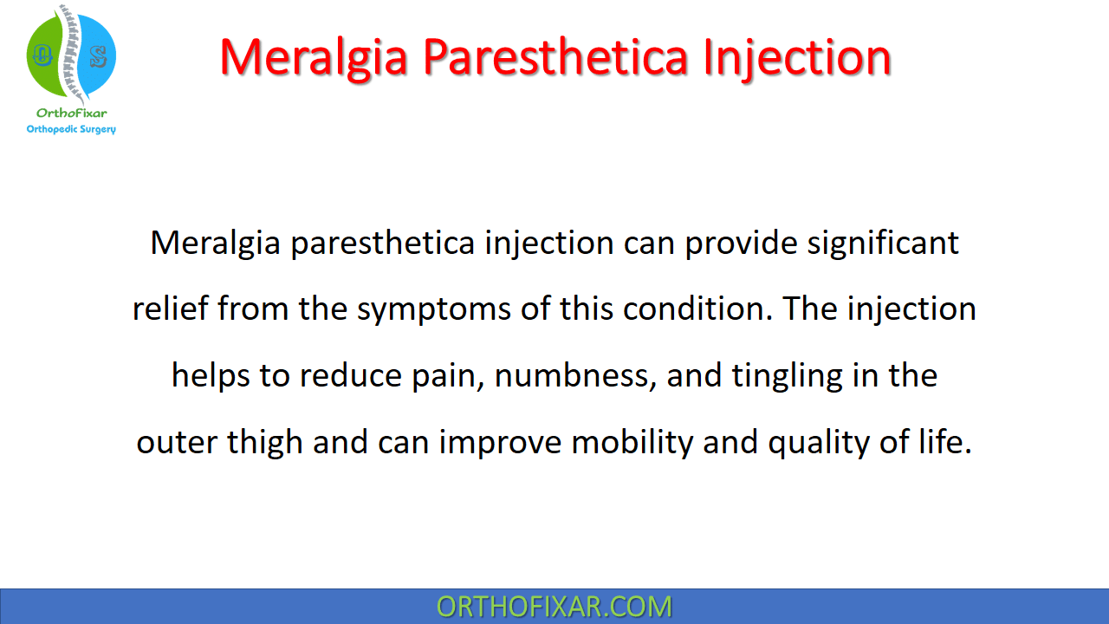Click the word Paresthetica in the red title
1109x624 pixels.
(555, 57)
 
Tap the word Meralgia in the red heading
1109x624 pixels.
(314, 59)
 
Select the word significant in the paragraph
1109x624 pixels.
(883, 244)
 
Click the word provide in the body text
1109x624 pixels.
(741, 244)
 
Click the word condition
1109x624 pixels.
(697, 308)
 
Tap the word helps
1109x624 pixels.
(211, 375)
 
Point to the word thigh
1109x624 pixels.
(265, 442)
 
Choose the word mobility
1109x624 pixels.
(632, 442)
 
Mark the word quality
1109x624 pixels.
(819, 442)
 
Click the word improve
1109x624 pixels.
(500, 442)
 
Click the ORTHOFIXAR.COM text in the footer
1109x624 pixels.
(554, 607)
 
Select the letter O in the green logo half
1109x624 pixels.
(42, 55)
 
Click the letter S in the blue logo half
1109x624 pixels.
(99, 56)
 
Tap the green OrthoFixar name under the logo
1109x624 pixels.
(71, 113)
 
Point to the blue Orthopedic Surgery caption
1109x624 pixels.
(71, 129)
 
